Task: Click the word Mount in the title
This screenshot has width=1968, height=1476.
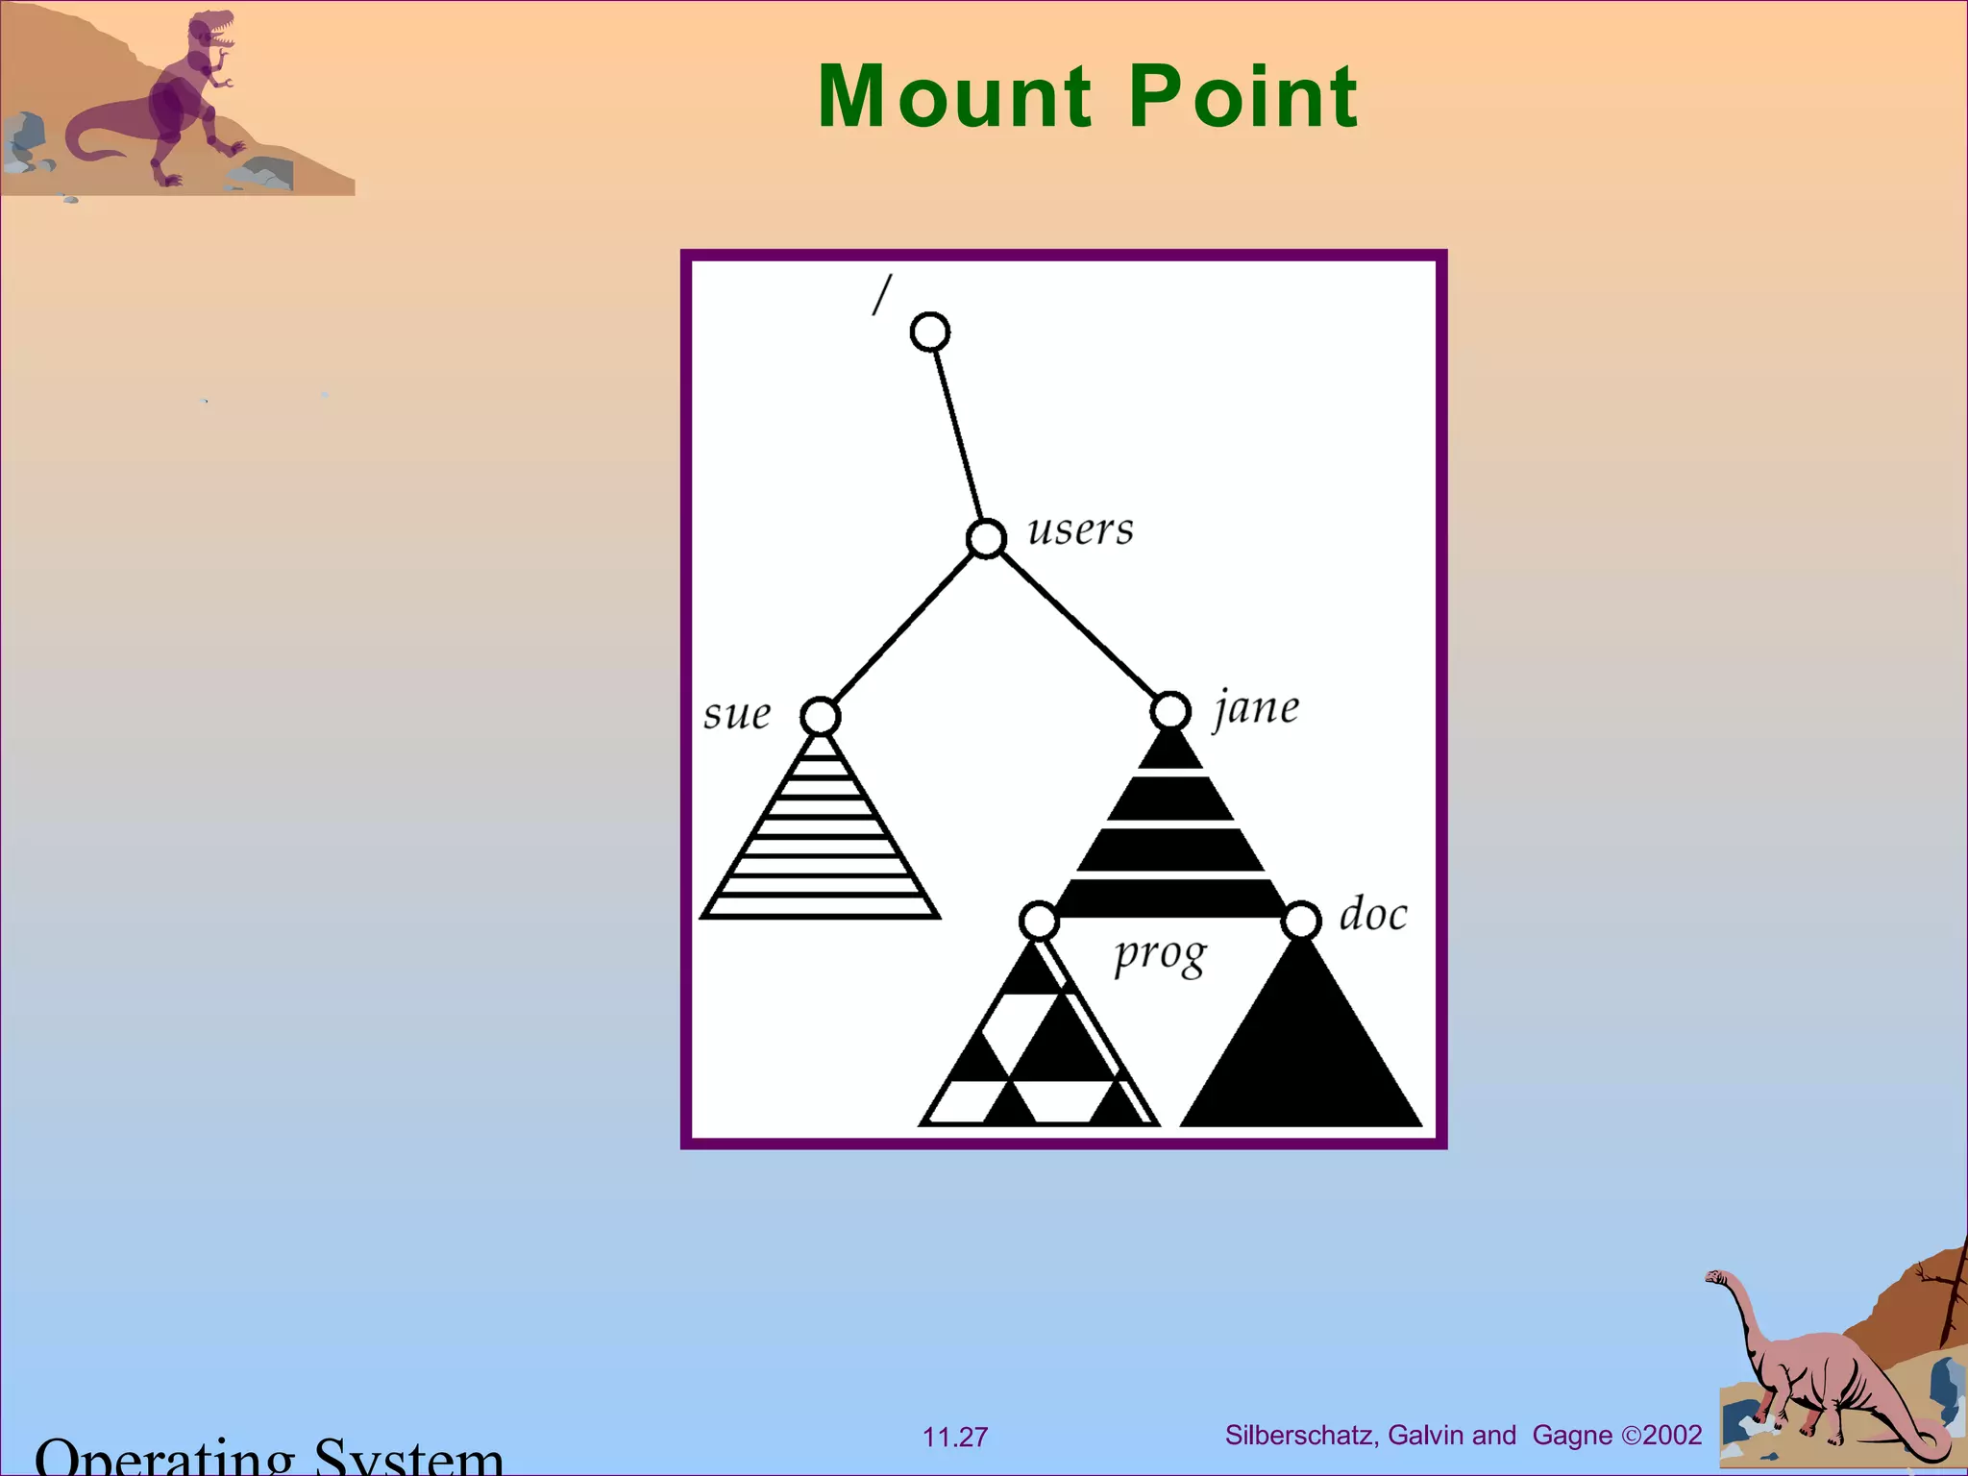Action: (955, 96)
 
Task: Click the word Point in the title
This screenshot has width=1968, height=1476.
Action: (1242, 96)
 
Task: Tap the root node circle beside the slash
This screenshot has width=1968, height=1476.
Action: (929, 332)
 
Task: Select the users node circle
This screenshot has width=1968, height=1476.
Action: (986, 538)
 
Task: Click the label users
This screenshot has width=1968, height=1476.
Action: (1080, 529)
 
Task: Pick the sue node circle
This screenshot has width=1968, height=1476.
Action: (820, 716)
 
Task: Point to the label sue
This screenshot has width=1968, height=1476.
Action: (736, 714)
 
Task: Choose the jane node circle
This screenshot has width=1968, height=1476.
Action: (1170, 711)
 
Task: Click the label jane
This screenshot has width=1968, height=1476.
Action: (1256, 709)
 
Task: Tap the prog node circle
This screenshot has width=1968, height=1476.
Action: (1039, 921)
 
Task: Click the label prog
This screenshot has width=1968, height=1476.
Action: (1159, 955)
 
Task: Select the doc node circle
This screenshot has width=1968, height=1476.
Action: (1301, 921)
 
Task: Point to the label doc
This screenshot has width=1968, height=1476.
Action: (1373, 914)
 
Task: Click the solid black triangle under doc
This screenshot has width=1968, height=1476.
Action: (1301, 1057)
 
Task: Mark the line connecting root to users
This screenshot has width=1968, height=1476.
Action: (958, 435)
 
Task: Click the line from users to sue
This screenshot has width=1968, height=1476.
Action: (903, 627)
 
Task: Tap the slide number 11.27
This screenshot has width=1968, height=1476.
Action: (955, 1437)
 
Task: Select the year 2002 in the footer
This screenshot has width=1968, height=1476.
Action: (1673, 1435)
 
